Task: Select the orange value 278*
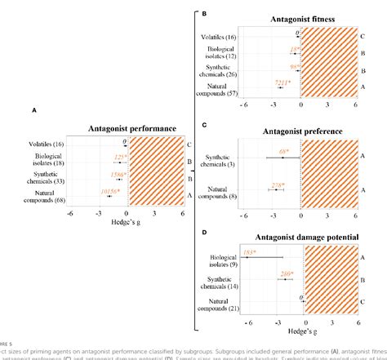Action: point(276,185)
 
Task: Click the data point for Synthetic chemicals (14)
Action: point(285,280)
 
